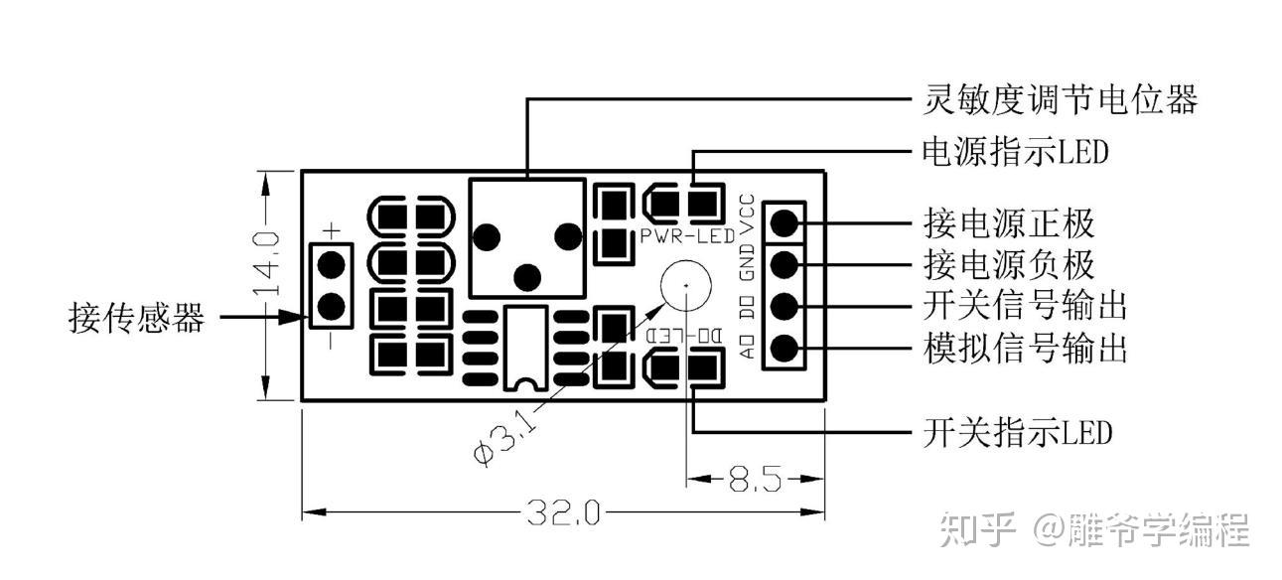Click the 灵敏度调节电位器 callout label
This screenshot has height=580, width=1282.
tap(1060, 99)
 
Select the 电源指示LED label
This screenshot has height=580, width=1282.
tap(1016, 152)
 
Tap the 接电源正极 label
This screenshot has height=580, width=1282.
tap(1009, 222)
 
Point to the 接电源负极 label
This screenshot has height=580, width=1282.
tap(1009, 264)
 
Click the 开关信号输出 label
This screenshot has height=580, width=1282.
tap(1025, 306)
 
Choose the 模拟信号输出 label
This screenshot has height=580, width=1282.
tap(1025, 349)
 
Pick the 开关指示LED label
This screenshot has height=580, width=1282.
tap(1018, 432)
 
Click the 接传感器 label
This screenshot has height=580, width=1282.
tap(137, 317)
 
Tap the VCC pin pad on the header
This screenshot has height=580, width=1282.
tap(784, 222)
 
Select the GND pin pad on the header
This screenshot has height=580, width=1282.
tap(784, 264)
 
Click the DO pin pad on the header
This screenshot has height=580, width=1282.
tap(784, 306)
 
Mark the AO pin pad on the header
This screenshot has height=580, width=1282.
tap(784, 348)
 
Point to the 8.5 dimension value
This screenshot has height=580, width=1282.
tap(756, 479)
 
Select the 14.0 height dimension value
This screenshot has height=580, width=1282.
tap(267, 263)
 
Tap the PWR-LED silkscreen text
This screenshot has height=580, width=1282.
tap(687, 235)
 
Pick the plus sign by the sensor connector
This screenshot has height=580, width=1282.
tap(332, 230)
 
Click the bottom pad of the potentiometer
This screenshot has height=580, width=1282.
tap(527, 278)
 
